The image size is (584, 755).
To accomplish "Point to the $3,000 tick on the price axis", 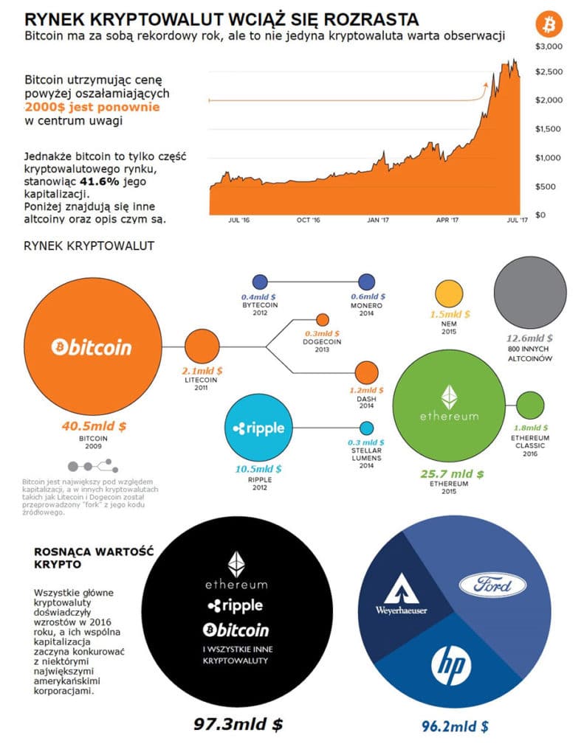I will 549,46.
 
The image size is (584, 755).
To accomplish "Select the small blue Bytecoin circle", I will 260,282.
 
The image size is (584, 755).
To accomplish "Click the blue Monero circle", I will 367,282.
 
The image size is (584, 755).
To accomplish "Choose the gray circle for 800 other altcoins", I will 526,289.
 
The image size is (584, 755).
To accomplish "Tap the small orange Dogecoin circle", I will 322,320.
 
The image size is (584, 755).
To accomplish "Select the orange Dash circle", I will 367,373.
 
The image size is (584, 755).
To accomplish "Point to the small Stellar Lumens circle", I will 367,428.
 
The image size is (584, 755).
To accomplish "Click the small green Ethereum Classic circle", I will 529,405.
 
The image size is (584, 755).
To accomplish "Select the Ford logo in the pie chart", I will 492,585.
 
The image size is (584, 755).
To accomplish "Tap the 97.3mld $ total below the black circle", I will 238,724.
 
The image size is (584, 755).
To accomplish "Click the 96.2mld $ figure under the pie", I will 455,726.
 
